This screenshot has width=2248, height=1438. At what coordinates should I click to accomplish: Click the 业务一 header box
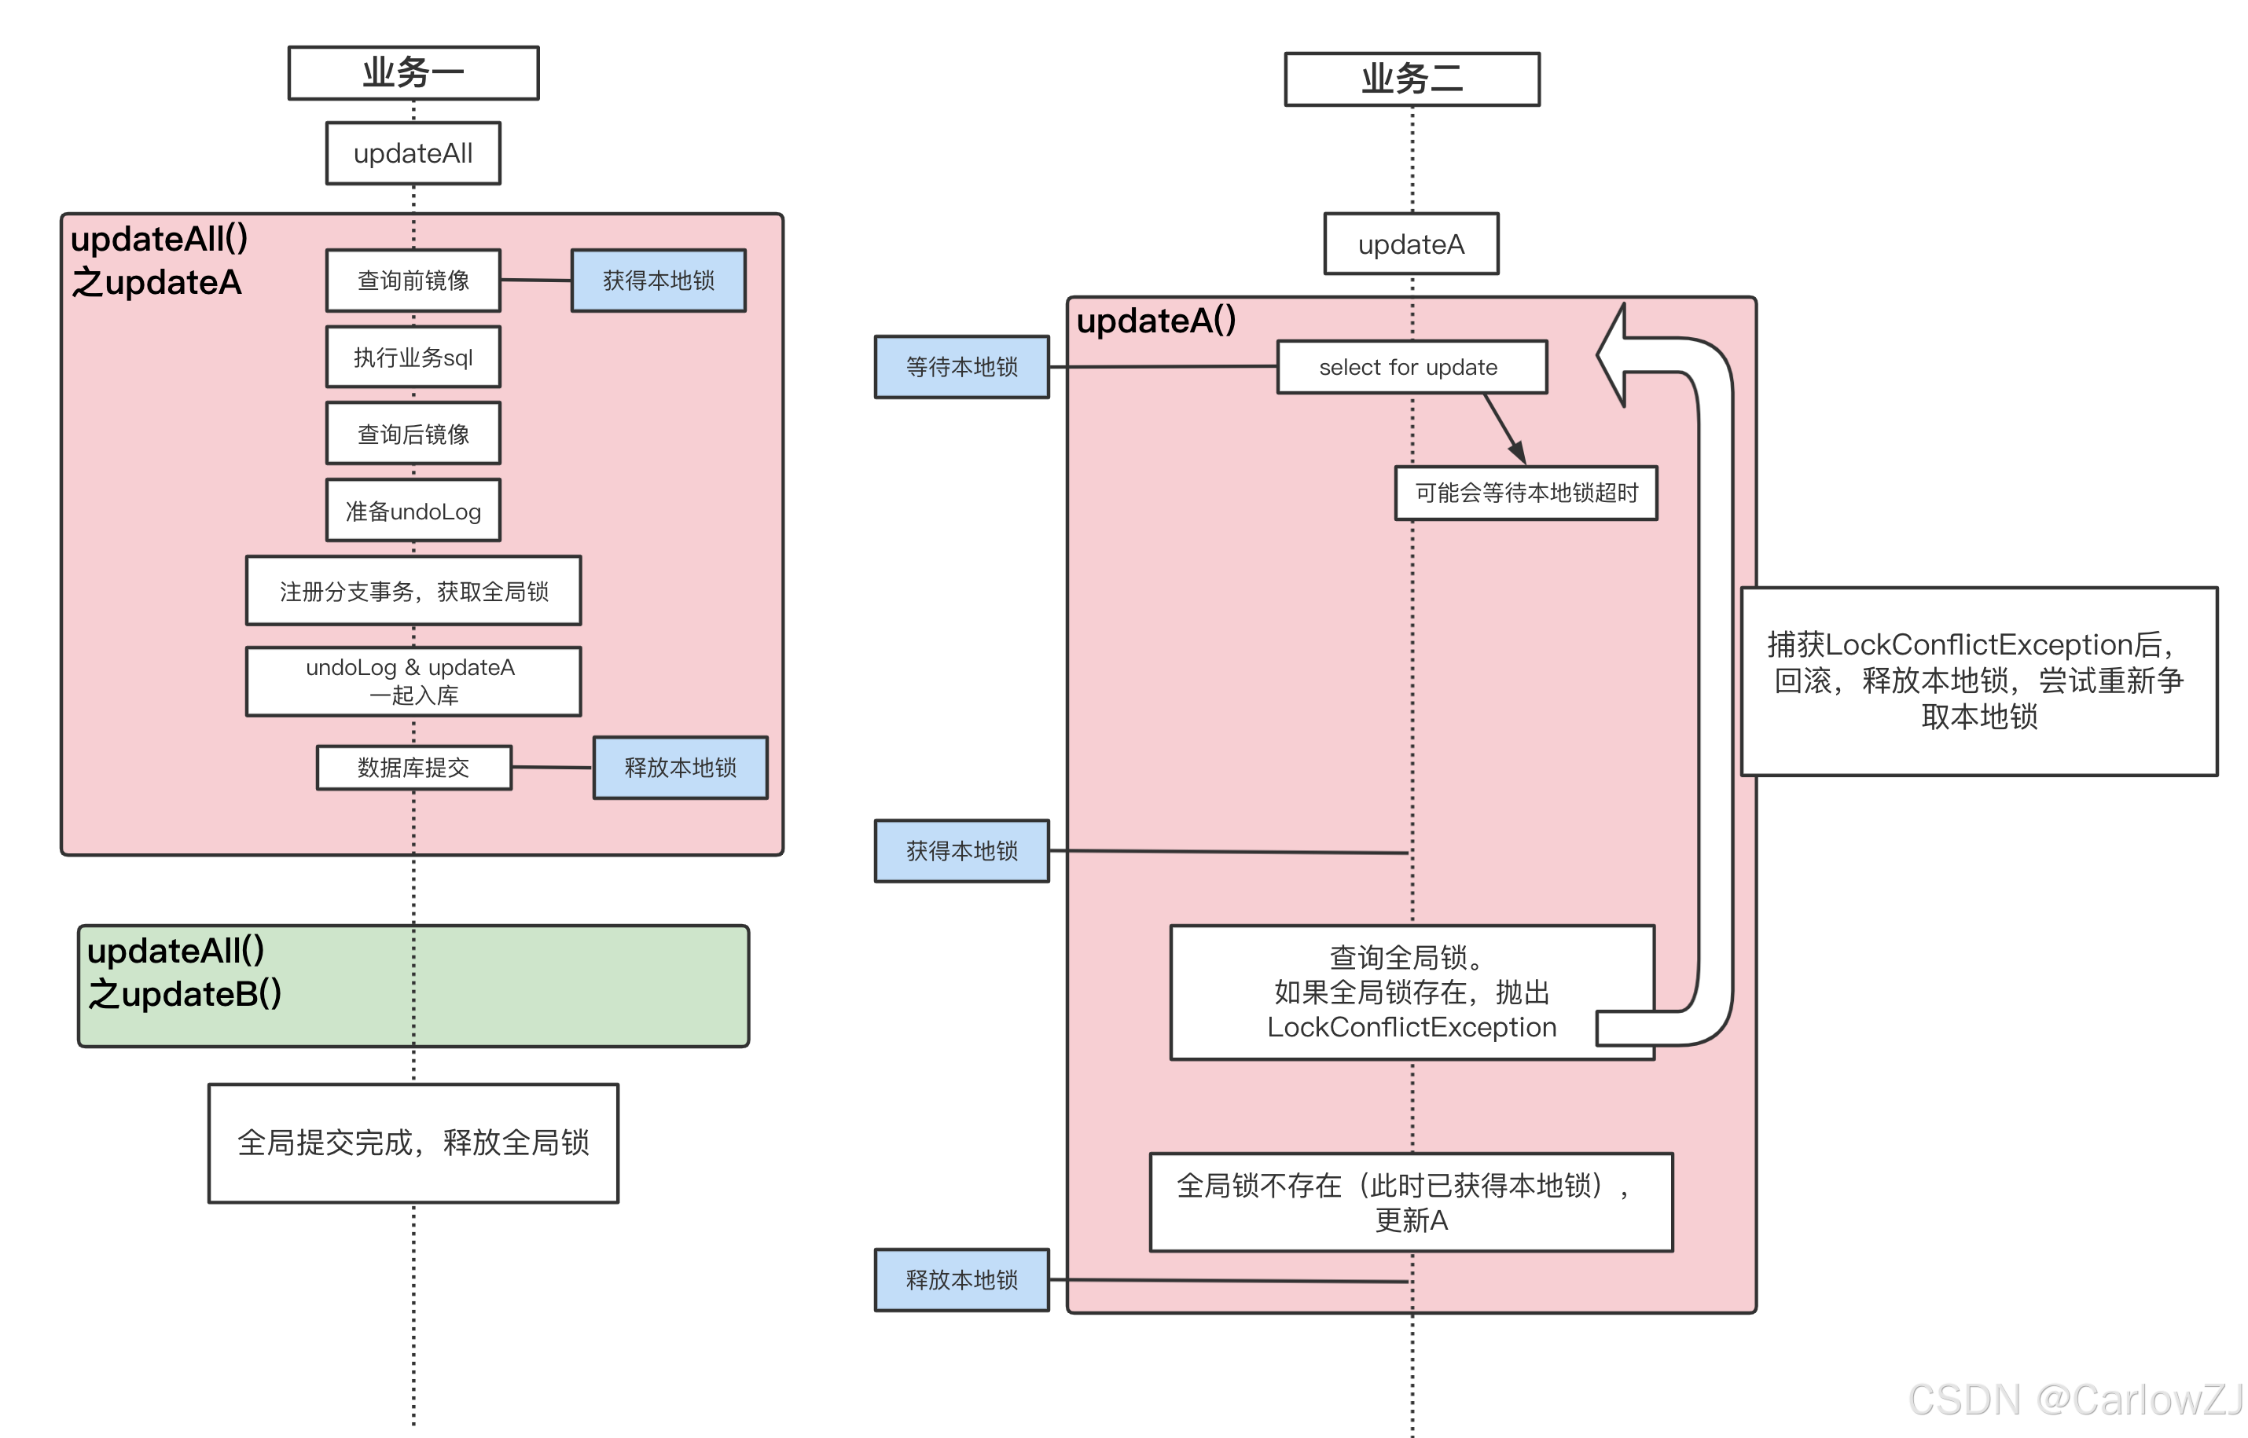(413, 73)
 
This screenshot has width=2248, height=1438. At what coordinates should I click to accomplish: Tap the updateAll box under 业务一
(413, 153)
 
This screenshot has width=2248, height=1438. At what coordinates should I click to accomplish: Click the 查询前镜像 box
(413, 280)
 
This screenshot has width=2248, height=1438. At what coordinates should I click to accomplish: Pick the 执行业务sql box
(413, 357)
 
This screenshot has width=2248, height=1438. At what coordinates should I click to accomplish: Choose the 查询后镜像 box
(413, 433)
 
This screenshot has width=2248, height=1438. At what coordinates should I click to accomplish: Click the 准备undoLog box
(413, 511)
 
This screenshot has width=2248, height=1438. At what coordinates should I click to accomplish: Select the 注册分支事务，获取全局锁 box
(413, 591)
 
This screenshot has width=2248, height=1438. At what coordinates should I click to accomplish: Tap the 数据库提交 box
(413, 768)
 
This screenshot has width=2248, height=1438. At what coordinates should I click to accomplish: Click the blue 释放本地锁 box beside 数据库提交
(680, 768)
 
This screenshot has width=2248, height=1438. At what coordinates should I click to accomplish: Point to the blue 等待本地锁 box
(961, 367)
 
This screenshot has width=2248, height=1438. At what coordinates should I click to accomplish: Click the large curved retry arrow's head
(1614, 355)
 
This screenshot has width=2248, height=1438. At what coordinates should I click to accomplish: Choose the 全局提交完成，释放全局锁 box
(413, 1143)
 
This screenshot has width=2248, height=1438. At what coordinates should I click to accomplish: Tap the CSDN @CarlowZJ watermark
(2074, 1399)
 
